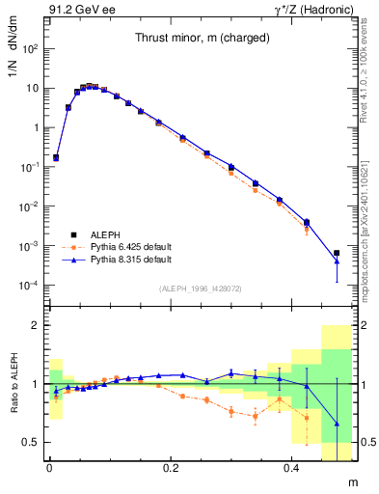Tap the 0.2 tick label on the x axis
pos(171,468)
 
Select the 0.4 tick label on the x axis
pos(294,468)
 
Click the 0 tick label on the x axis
pos(49,468)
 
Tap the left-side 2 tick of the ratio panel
pos(37,325)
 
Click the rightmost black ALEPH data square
pos(337,254)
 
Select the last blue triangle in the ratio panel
pos(337,424)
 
